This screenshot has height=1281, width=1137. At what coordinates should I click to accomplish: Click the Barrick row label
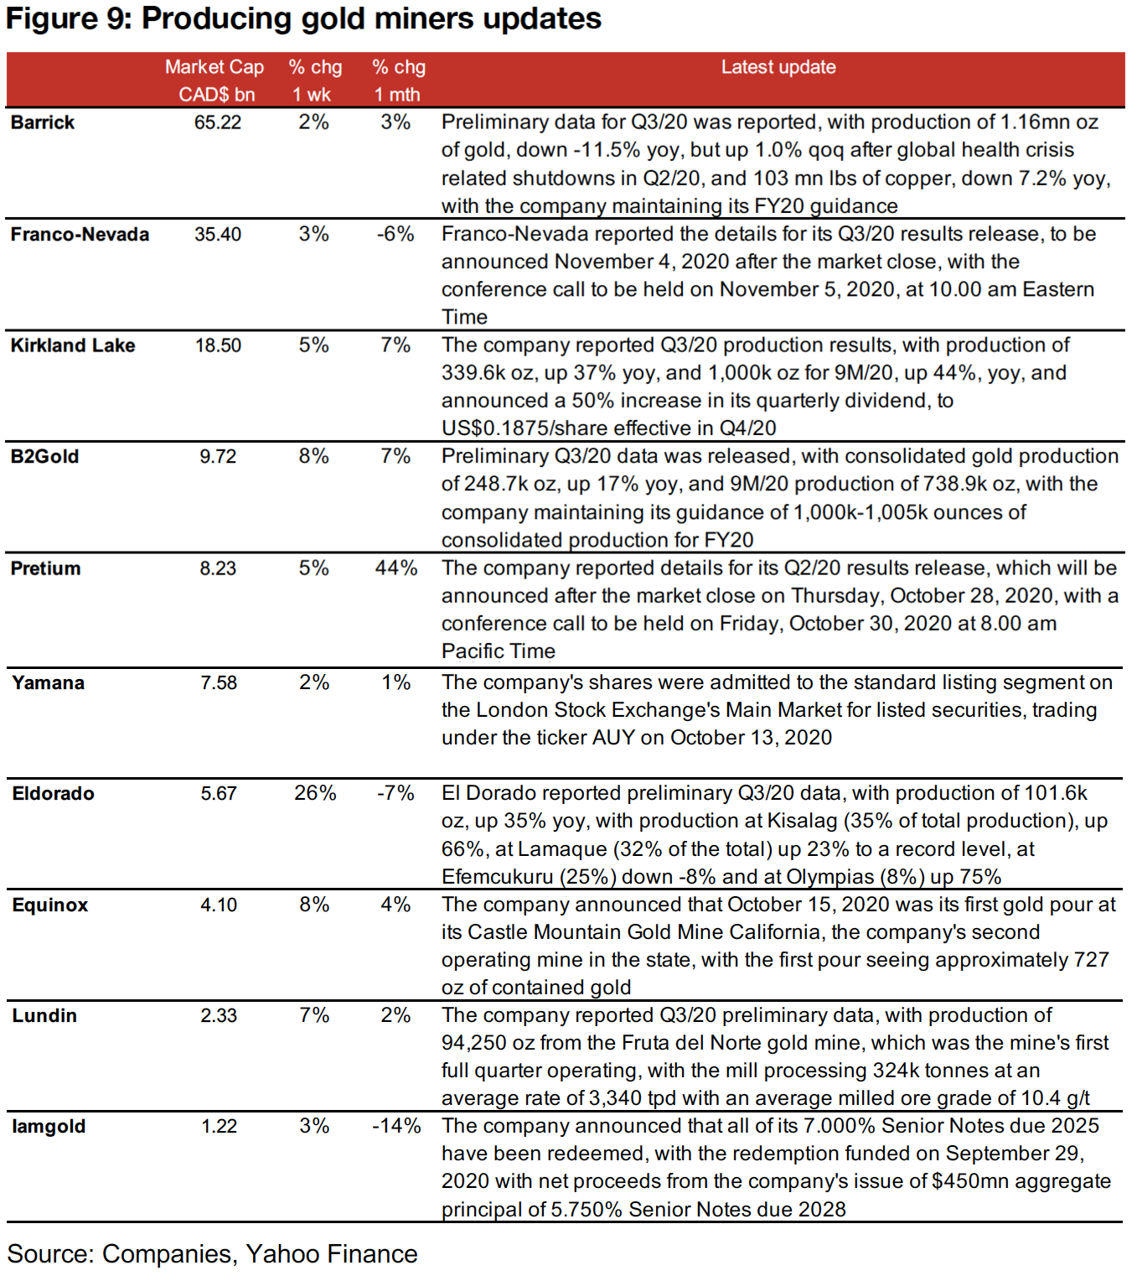(43, 122)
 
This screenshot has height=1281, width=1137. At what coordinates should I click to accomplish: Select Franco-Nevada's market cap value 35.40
(218, 235)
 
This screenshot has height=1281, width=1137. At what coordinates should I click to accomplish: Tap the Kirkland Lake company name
(73, 345)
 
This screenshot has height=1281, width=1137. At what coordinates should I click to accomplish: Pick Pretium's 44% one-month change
(395, 568)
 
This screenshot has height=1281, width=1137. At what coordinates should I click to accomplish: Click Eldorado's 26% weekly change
(315, 793)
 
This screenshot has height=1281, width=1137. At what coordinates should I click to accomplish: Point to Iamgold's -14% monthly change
(396, 1126)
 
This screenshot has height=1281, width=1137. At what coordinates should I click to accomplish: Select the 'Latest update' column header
(778, 67)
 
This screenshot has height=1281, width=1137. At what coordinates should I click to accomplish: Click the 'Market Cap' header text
(214, 67)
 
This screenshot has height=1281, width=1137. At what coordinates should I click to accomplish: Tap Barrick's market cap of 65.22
(218, 122)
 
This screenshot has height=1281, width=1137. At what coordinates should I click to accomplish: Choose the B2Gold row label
(45, 457)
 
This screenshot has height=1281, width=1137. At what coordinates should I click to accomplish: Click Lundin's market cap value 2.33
(219, 1016)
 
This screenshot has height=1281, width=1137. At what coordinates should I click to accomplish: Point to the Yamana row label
(49, 683)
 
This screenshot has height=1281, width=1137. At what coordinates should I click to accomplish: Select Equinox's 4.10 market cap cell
(219, 905)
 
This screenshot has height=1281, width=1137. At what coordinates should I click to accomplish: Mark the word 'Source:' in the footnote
(50, 1254)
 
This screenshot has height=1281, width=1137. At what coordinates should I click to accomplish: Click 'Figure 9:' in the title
(69, 18)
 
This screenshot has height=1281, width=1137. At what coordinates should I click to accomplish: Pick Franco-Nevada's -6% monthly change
(395, 235)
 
